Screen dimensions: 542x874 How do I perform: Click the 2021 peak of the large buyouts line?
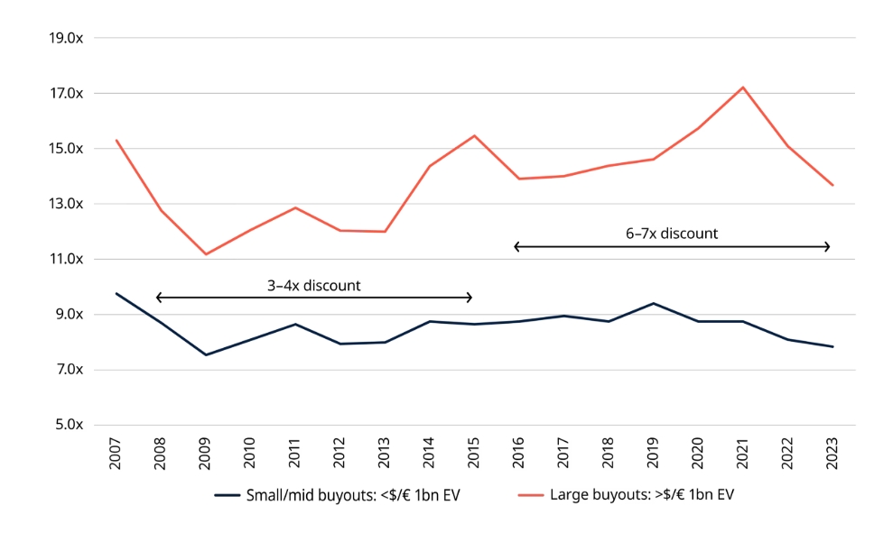742,87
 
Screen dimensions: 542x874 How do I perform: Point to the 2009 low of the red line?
206,254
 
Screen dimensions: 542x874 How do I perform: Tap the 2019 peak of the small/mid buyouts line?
653,303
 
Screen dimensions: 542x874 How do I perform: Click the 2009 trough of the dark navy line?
206,354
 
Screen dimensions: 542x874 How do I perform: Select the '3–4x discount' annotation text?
313,286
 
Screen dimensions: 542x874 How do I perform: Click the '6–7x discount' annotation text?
672,234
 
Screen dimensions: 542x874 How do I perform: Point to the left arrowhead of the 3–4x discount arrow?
158,298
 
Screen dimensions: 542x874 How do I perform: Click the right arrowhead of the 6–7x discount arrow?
827,246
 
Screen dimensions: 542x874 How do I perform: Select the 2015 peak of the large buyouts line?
474,136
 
